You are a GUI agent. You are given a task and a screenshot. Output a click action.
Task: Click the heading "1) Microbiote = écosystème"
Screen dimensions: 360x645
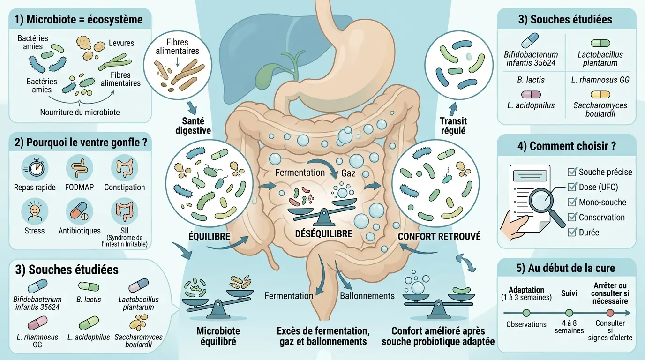78,20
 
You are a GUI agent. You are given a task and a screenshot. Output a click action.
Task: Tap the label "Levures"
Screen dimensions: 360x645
121,43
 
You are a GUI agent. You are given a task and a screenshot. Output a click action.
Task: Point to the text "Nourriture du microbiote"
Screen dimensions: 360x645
80,112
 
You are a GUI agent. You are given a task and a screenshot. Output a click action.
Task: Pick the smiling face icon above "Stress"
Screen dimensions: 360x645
34,211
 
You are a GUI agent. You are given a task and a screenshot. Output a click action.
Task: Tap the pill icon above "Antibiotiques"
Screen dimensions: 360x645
79,211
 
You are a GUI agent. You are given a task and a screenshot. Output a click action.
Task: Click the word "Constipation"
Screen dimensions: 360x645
125,187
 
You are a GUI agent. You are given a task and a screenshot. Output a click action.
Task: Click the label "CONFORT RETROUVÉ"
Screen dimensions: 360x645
439,236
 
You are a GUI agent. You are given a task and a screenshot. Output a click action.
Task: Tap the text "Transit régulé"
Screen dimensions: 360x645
453,126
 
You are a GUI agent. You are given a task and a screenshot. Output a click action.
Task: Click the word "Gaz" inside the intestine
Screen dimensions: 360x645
348,173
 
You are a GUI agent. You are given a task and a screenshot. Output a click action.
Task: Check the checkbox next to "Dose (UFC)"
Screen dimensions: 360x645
572,187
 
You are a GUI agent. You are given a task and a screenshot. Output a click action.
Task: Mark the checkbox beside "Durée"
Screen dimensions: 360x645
572,232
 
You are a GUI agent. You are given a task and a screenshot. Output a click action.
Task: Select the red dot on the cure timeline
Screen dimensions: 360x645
610,313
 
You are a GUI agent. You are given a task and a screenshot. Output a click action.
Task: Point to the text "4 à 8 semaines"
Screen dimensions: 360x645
569,327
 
